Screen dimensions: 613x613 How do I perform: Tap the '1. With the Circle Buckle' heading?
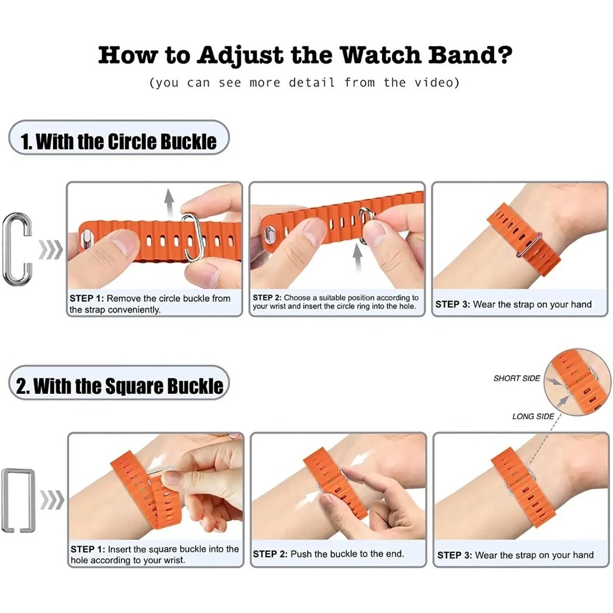point(119,141)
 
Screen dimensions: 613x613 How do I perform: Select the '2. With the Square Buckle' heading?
point(120,386)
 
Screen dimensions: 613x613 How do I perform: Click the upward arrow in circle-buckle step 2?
point(357,257)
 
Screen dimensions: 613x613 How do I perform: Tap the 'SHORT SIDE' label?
point(517,378)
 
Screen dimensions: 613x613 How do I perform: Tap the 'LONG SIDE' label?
point(533,417)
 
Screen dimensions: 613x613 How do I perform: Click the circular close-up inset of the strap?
point(578,383)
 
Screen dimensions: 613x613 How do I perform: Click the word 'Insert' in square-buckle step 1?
point(119,549)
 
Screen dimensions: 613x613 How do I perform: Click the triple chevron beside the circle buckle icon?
point(50,250)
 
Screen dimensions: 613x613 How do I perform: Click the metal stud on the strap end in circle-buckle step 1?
point(86,239)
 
